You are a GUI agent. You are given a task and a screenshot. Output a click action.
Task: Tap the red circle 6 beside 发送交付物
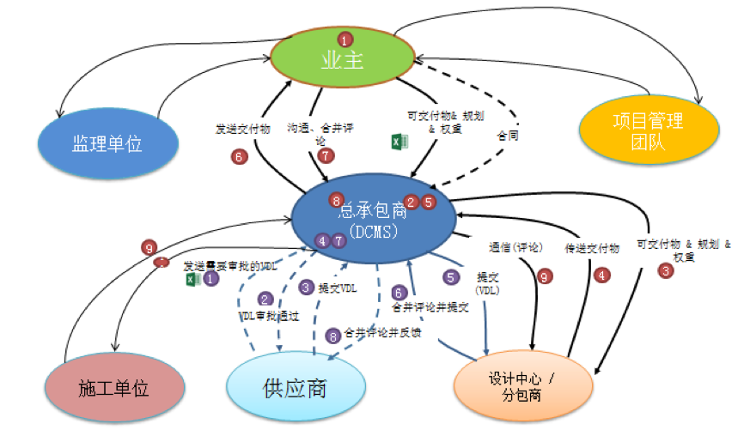(240, 156)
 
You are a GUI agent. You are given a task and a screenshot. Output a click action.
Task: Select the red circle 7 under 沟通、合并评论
(325, 155)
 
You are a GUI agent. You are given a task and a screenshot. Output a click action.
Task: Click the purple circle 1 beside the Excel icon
(210, 279)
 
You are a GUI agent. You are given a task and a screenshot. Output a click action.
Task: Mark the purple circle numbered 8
(332, 335)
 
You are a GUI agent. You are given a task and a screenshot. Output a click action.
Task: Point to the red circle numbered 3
(664, 271)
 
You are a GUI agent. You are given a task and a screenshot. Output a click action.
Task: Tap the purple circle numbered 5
(452, 277)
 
